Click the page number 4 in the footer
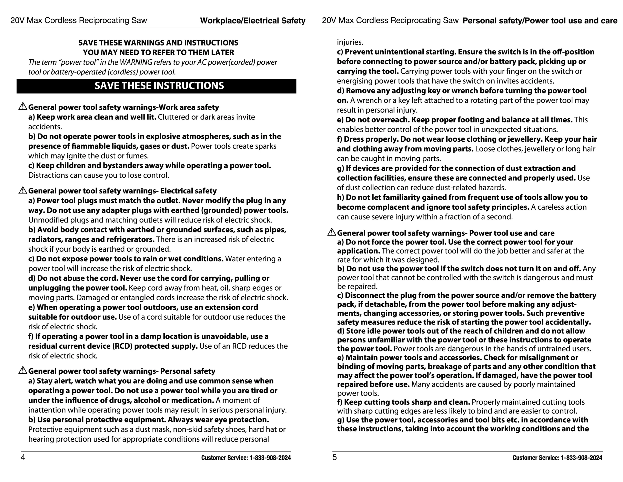(x=23, y=458)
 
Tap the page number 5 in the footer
(x=335, y=458)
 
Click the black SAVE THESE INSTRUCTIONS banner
(x=156, y=86)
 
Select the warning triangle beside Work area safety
(x=23, y=107)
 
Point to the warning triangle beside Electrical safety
(x=23, y=190)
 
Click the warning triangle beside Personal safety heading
(x=23, y=371)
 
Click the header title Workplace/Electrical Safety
(x=253, y=21)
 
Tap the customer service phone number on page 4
(x=270, y=458)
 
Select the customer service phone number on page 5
(x=581, y=458)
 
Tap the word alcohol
(x=150, y=400)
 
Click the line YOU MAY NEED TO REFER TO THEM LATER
(x=158, y=52)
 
